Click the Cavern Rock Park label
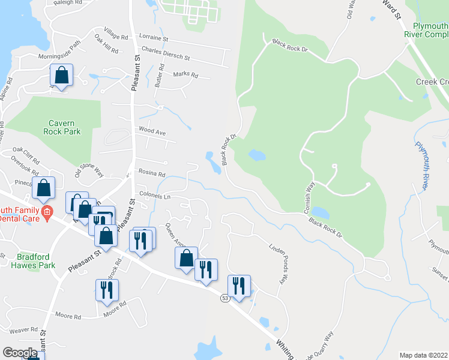[62, 127]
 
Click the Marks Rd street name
[185, 75]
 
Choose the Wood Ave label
[152, 130]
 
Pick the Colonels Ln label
[155, 196]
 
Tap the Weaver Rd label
[23, 330]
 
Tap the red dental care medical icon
[47, 211]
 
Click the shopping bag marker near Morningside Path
[61, 76]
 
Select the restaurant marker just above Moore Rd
[107, 290]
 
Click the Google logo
[20, 353]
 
